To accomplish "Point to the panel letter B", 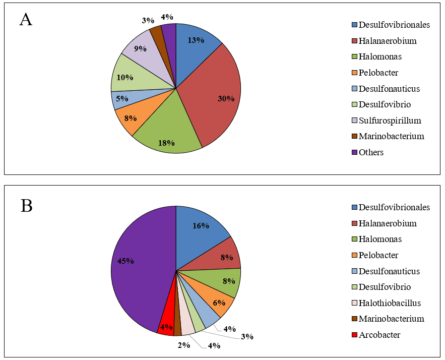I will tap(26, 206).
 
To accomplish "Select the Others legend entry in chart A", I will tap(372, 152).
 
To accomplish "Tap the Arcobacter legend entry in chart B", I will tap(379, 334).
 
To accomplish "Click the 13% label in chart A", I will tap(196, 41).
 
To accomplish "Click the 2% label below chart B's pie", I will tap(183, 345).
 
